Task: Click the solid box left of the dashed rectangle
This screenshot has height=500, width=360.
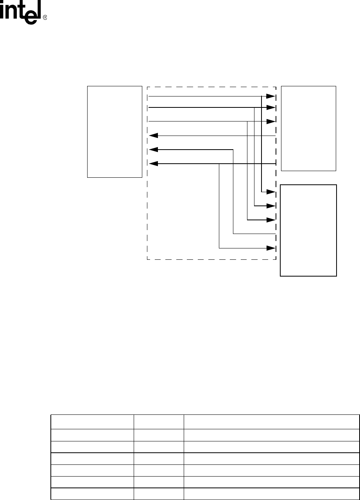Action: [x=114, y=132]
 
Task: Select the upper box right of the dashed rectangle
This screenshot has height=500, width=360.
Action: [x=308, y=128]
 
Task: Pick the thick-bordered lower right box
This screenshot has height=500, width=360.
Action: [x=308, y=230]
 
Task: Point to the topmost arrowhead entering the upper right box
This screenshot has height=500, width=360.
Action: [x=271, y=96]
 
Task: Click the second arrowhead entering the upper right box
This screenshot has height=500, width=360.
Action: [x=271, y=107]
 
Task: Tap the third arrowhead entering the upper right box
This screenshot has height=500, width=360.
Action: [x=271, y=121]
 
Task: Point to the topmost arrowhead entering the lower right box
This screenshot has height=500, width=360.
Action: [x=271, y=192]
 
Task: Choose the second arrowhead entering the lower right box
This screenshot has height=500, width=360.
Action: [x=271, y=205]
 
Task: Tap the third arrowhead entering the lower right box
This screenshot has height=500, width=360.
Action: [x=271, y=220]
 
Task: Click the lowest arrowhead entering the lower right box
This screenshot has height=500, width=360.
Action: [x=271, y=248]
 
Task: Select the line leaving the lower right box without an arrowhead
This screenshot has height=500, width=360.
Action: [x=254, y=234]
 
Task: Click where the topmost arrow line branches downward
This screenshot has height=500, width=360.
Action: [x=261, y=96]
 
